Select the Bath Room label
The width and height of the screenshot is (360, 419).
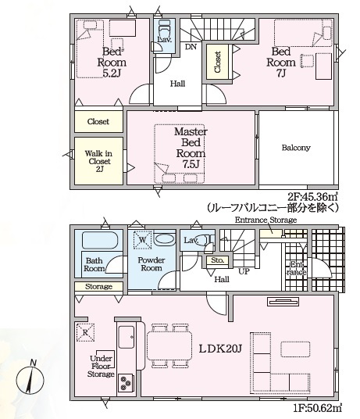pyautogui.click(x=94, y=264)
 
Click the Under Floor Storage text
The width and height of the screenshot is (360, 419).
pyautogui.click(x=100, y=366)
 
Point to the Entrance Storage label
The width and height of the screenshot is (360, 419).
pyautogui.click(x=265, y=220)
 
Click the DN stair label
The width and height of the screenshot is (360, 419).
pyautogui.click(x=191, y=47)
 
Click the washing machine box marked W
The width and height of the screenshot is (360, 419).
pyautogui.click(x=142, y=239)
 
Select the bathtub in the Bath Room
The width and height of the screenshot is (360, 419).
pyautogui.click(x=99, y=240)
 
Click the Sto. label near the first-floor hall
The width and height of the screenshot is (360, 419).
pyautogui.click(x=218, y=260)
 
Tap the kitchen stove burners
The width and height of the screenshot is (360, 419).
pyautogui.click(x=125, y=382)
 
